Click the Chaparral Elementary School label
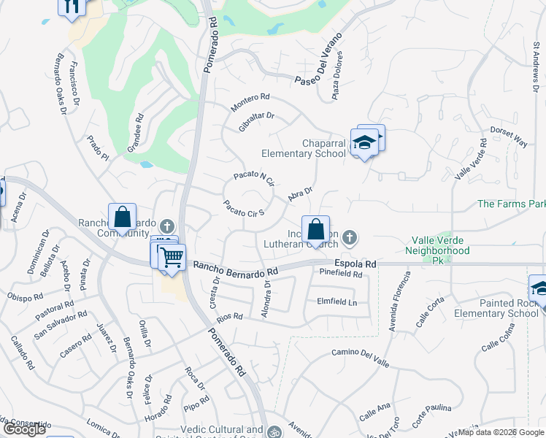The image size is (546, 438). pyautogui.click(x=304, y=148)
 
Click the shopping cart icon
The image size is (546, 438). pyautogui.click(x=172, y=256)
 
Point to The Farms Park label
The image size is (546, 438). pyautogui.click(x=511, y=204)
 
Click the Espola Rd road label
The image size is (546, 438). pyautogui.click(x=355, y=264)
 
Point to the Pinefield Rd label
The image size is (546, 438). pyautogui.click(x=341, y=274)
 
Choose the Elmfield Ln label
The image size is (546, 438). pyautogui.click(x=337, y=301)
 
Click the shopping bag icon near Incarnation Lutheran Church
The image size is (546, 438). pyautogui.click(x=315, y=230)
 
